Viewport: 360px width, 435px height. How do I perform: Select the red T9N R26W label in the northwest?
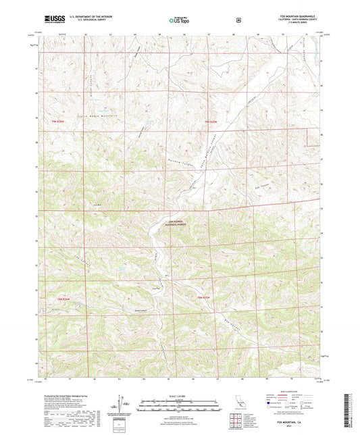pos(60,121)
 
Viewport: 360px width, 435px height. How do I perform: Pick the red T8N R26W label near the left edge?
pos(61,298)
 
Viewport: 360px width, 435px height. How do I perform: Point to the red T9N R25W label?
pos(211,121)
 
